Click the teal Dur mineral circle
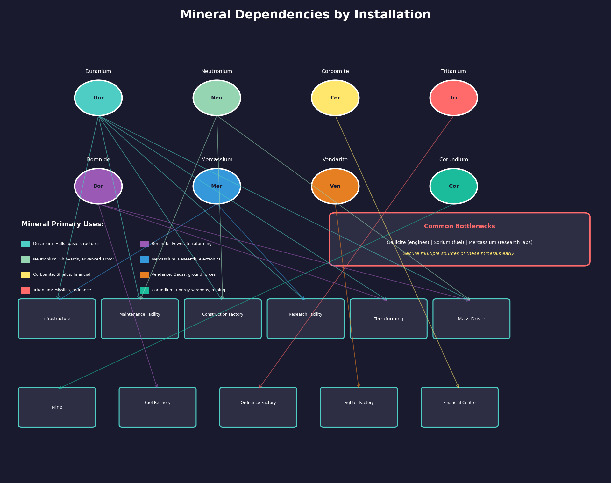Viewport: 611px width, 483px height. [x=98, y=98]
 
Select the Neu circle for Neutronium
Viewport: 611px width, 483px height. [x=217, y=98]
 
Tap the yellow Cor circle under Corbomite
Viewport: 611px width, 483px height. [x=335, y=98]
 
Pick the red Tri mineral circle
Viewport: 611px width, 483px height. [x=454, y=98]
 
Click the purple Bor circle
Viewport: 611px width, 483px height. [x=98, y=186]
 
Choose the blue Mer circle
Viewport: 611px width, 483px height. [x=217, y=186]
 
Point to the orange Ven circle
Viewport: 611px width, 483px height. [x=335, y=186]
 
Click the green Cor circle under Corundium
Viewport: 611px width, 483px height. [x=454, y=186]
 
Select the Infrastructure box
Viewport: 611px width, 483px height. [x=57, y=319]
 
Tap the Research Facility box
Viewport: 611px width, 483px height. [x=306, y=319]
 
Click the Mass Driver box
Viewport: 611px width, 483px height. [x=472, y=319]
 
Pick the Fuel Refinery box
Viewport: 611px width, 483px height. [x=158, y=407]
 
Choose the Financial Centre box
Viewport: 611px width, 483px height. [x=459, y=407]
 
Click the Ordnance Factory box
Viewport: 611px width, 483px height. [x=258, y=407]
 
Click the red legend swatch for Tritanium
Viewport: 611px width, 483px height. [x=26, y=290]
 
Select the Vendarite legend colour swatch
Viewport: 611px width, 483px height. [x=144, y=275]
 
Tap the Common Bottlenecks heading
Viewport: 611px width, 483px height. [x=459, y=226]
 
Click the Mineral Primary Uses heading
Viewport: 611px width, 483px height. [x=62, y=224]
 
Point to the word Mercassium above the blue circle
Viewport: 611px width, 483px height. [x=217, y=160]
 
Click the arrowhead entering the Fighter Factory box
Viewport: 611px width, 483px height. [x=359, y=386]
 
